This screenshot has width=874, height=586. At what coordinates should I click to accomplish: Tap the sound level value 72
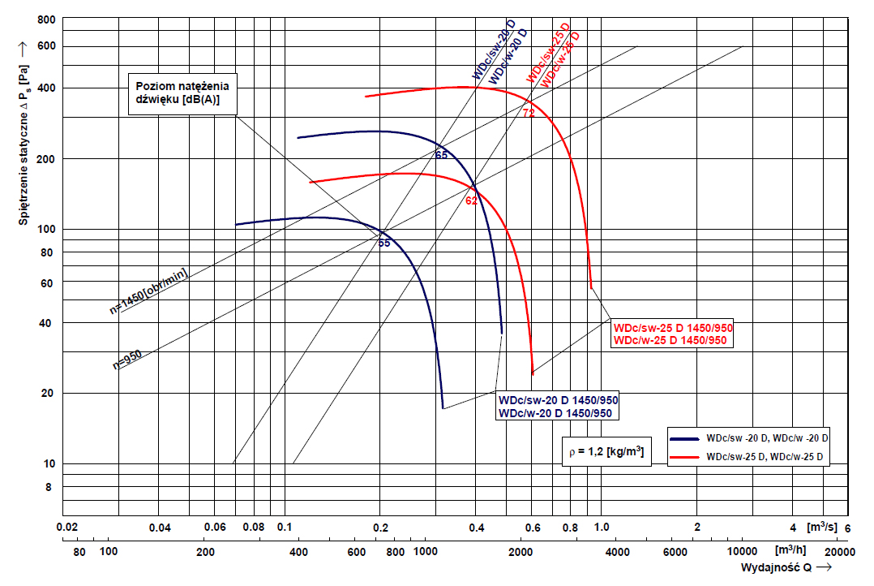click(x=529, y=113)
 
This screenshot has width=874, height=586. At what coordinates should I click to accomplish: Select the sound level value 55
click(x=383, y=243)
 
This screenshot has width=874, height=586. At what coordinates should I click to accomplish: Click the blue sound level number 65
click(x=441, y=154)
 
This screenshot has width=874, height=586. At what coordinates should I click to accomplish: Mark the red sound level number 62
click(x=471, y=200)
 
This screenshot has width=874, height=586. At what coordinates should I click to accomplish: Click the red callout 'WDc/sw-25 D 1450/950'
click(x=673, y=328)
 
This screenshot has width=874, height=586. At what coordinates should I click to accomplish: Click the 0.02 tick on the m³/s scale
click(x=68, y=528)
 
